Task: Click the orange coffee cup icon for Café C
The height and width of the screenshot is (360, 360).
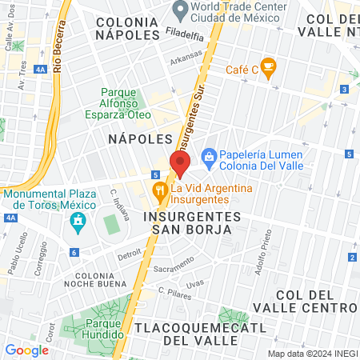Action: click(268, 68)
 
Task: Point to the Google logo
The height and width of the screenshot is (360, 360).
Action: click(26, 350)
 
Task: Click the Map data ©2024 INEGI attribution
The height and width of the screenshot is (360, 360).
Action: click(312, 354)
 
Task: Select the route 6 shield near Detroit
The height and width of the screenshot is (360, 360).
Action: click(74, 252)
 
